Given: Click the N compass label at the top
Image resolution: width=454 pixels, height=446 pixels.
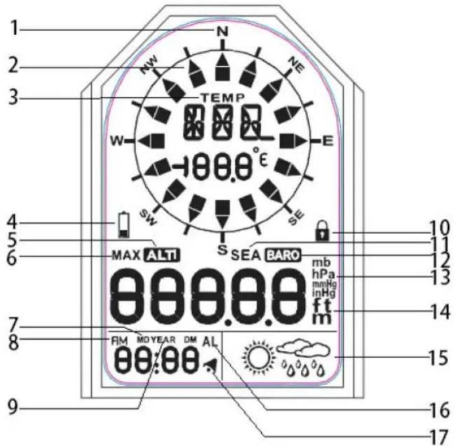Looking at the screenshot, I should (222, 31).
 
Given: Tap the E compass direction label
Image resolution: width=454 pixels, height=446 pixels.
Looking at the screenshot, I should (327, 140).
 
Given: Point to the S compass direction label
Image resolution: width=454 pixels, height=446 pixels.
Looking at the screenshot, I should (222, 249).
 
